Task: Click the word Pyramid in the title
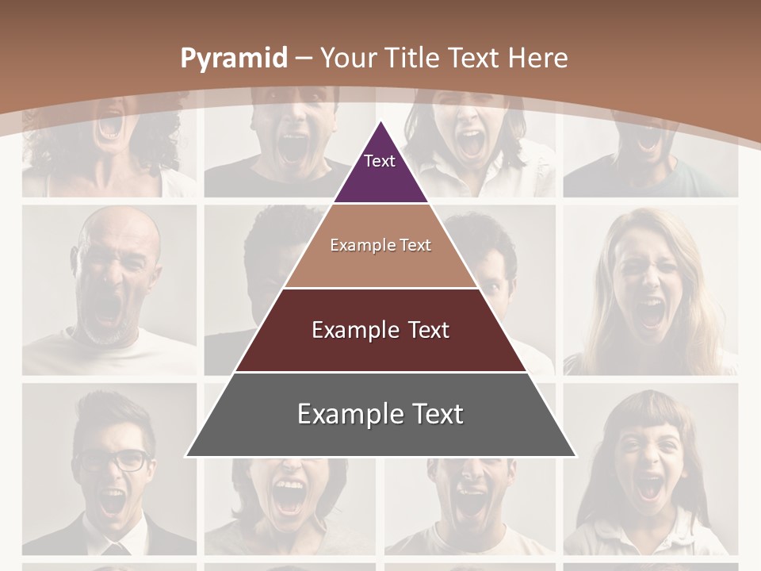coord(233,58)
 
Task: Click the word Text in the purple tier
coord(379,161)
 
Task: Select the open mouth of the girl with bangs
coord(649,485)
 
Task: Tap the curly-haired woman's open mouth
coord(110,126)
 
